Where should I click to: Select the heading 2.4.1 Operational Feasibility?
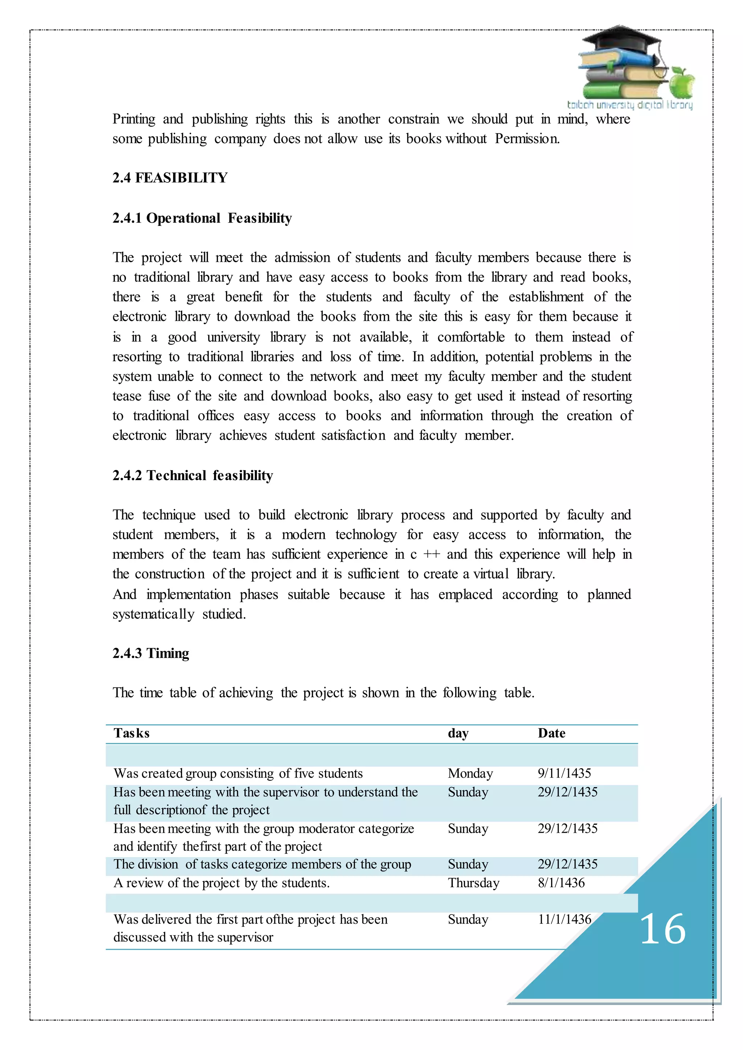(202, 218)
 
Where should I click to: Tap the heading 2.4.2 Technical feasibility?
(193, 476)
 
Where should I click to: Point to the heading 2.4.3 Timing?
(151, 653)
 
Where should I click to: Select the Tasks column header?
(131, 733)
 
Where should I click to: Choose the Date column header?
(551, 733)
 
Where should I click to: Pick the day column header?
(458, 733)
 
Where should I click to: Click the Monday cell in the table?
(470, 773)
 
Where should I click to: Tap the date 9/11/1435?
(564, 773)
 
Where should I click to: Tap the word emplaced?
(465, 595)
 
